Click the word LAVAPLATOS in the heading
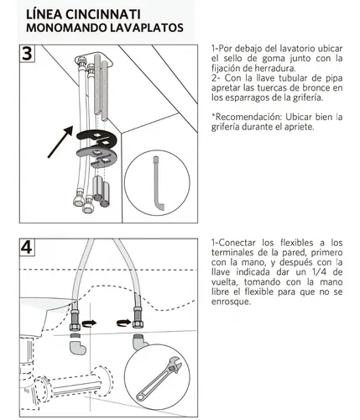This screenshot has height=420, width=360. point(145,28)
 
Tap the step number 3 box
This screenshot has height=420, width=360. point(27,53)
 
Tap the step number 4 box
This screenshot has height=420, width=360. point(27,247)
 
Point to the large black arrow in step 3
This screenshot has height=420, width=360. point(60,141)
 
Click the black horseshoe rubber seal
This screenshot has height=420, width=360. point(97,138)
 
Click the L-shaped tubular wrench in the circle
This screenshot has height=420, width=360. point(158,183)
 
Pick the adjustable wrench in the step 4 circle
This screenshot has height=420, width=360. point(159,379)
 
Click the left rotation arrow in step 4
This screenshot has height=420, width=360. point(89,323)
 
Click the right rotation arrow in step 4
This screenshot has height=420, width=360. point(123,323)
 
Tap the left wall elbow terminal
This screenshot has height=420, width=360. point(76,344)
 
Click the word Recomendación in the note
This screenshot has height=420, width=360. point(246,117)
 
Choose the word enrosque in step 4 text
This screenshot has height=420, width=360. point(231,302)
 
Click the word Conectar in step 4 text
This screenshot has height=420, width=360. point(237,243)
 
